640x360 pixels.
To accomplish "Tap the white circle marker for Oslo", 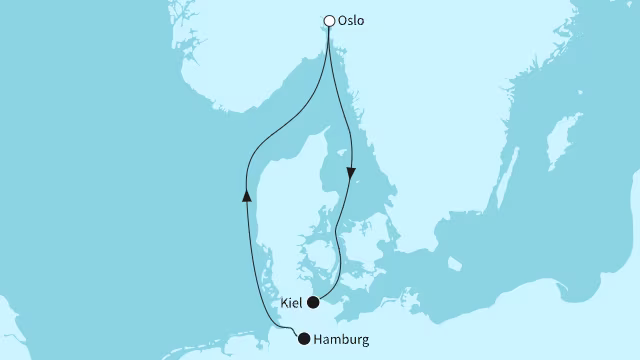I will pos(330,19).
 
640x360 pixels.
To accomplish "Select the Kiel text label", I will pos(291,301).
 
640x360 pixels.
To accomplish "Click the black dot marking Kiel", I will pos(313,302).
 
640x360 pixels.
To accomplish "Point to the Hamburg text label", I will pos(342,340).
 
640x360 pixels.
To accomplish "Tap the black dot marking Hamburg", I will pos(304,340).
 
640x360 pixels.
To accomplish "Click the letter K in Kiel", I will pos(283,301).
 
